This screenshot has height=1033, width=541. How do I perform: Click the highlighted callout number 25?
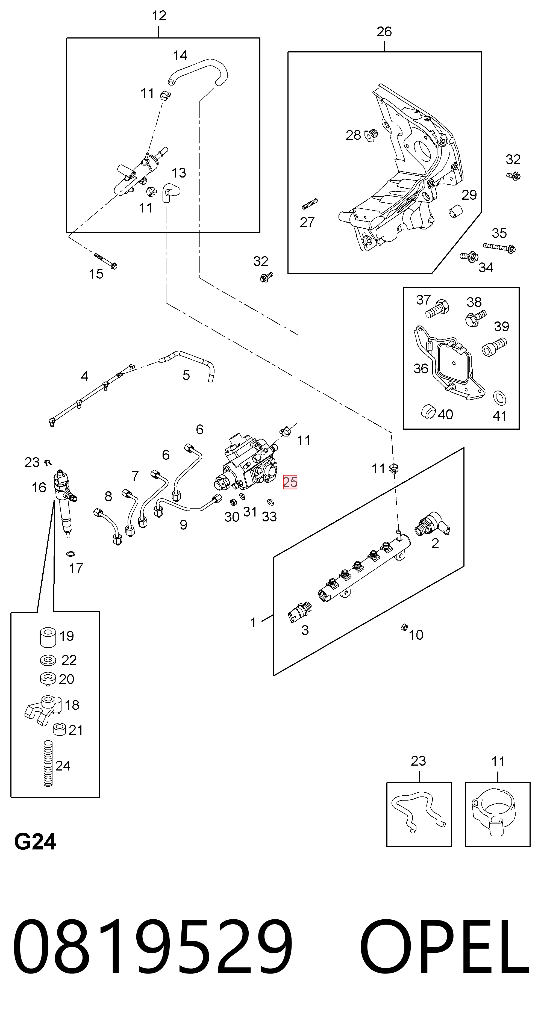[x=290, y=482]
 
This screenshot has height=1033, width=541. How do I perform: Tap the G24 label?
[x=35, y=842]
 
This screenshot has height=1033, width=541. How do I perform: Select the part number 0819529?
[x=153, y=952]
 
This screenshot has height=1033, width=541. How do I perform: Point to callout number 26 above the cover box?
[x=384, y=32]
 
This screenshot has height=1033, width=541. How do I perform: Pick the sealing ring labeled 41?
[x=499, y=398]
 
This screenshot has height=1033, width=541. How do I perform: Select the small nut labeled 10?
[x=404, y=627]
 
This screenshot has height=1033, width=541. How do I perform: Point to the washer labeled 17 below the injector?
[x=70, y=554]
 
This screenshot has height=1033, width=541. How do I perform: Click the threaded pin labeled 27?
[x=310, y=204]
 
